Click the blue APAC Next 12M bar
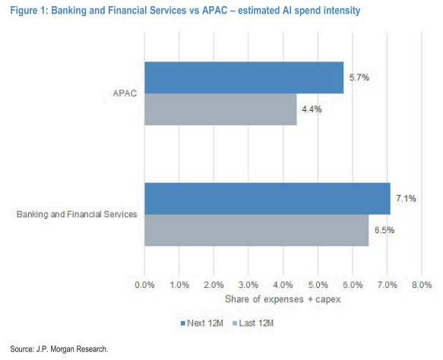click(244, 77)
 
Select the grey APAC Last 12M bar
click(220, 109)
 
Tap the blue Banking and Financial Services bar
click(267, 199)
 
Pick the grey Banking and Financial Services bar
click(256, 230)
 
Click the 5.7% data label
click(359, 77)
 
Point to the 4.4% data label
click(312, 109)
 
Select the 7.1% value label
click(406, 198)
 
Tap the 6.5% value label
click(384, 230)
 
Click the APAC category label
click(125, 93)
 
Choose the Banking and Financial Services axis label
click(77, 214)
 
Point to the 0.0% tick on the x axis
click(144, 285)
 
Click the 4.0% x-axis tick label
click(283, 285)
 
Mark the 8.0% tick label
click(422, 285)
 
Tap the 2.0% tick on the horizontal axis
click(214, 285)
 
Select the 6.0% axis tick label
click(353, 285)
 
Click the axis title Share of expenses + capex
click(283, 299)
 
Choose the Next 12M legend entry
click(202, 323)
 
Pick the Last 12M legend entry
click(253, 323)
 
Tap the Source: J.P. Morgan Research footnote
click(59, 349)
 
